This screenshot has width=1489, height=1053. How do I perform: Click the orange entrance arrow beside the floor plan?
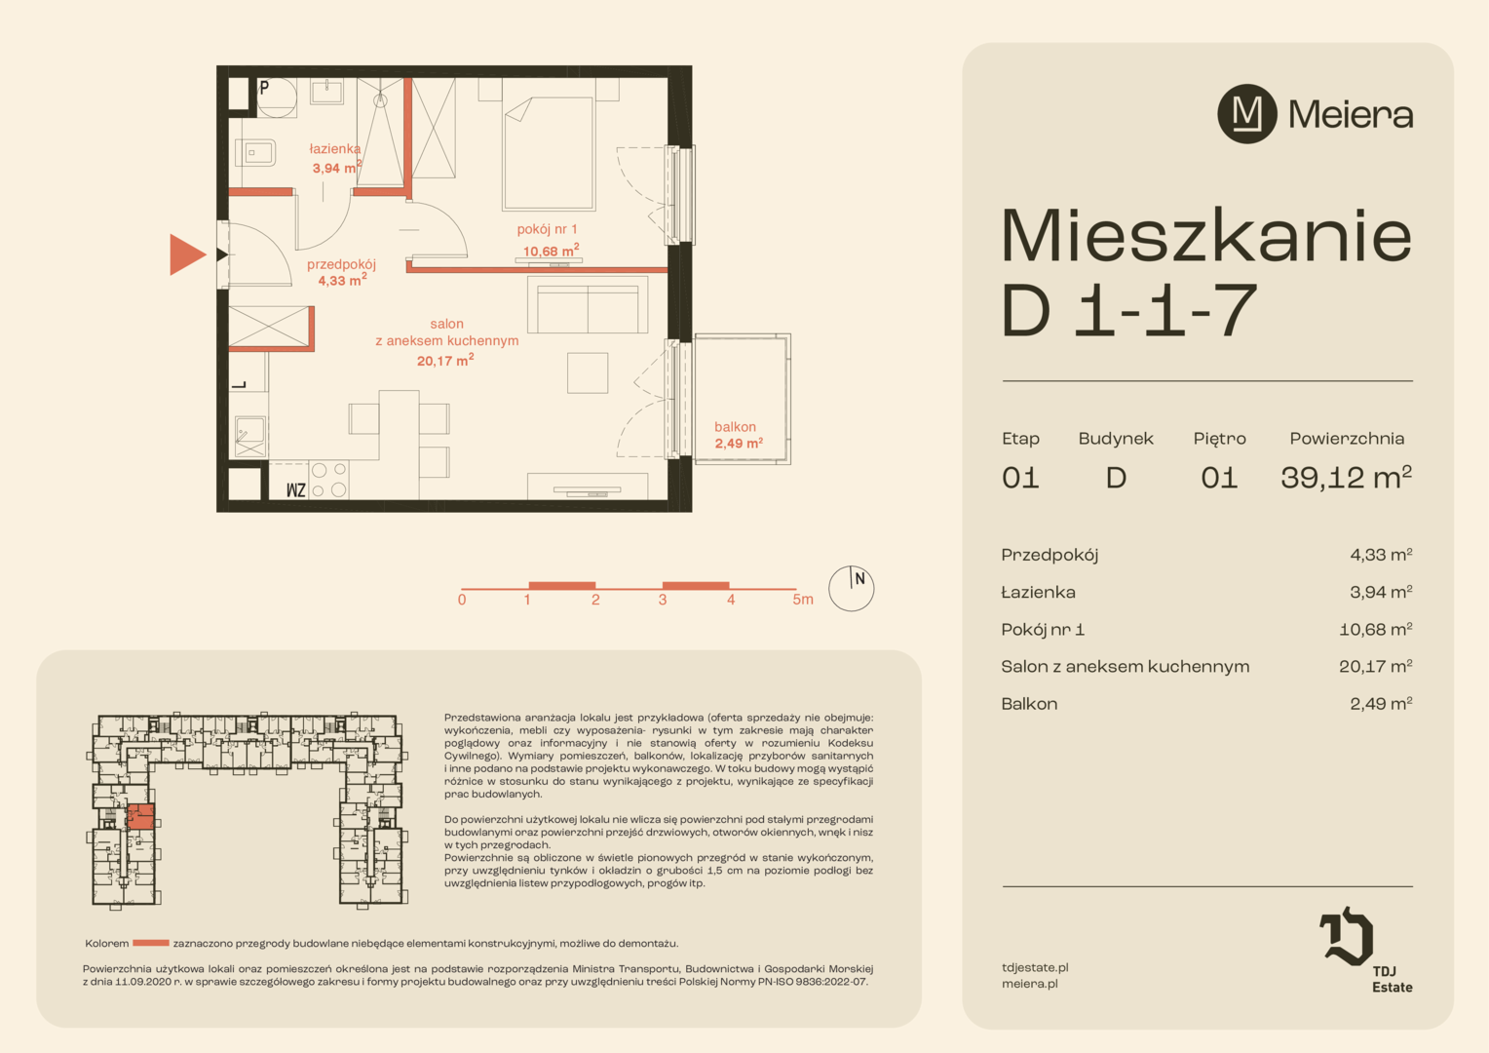click(187, 254)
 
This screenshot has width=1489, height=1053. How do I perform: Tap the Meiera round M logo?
click(1246, 114)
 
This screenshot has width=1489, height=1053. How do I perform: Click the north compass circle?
click(851, 589)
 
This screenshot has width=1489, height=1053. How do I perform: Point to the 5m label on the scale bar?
click(802, 600)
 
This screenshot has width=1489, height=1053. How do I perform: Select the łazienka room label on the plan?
click(335, 149)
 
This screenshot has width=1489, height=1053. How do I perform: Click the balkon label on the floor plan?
click(735, 426)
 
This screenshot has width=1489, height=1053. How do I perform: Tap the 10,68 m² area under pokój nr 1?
click(551, 251)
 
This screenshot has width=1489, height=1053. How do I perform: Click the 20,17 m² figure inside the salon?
click(445, 360)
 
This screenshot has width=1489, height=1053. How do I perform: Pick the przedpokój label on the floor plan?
click(341, 264)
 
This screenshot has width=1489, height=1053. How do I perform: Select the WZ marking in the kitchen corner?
click(296, 490)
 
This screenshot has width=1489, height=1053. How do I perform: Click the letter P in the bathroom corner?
click(264, 87)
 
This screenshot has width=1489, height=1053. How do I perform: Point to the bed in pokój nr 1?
click(549, 154)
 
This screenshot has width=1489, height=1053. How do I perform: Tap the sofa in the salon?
click(588, 304)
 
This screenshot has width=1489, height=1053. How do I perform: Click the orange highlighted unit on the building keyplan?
click(140, 816)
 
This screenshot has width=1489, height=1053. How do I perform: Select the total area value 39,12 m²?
click(1346, 477)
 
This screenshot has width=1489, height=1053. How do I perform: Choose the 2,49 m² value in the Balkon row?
click(1381, 704)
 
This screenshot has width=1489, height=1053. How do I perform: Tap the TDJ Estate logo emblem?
click(1346, 935)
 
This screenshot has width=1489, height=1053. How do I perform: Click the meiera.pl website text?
click(1030, 984)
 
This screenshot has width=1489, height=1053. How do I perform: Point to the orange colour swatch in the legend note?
click(151, 943)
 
